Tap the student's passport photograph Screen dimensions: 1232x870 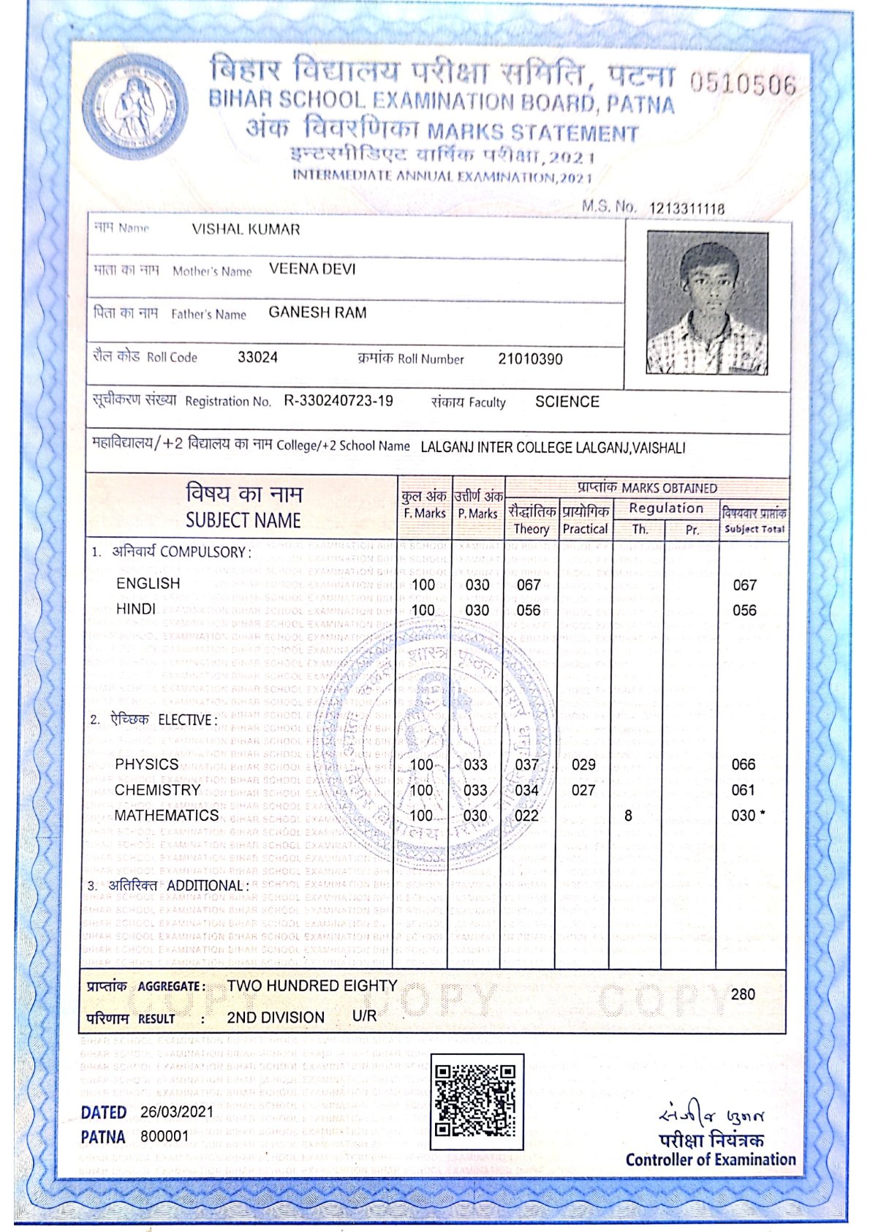tap(707, 303)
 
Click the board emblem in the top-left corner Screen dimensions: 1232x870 tap(135, 107)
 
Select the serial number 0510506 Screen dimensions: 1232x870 tap(742, 84)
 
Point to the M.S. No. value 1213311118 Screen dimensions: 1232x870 tap(686, 209)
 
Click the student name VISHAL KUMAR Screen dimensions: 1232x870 tap(246, 230)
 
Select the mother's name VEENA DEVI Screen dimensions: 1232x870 tap(312, 269)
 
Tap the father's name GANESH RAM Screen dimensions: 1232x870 tap(317, 312)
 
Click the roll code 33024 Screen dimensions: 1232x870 tap(257, 358)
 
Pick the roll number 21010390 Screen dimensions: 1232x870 tap(530, 358)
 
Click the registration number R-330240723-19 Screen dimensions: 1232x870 tap(338, 401)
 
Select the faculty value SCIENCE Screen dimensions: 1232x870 tap(567, 402)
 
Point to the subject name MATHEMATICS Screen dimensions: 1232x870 tap(167, 815)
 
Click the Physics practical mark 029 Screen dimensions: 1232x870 tap(583, 765)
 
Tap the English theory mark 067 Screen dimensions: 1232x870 tap(528, 585)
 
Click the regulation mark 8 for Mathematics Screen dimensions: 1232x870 tap(628, 816)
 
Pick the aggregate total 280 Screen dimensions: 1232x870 tap(743, 994)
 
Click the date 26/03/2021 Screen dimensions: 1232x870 tap(177, 1112)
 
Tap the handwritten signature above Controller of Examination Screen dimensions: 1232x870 tap(711, 1116)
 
